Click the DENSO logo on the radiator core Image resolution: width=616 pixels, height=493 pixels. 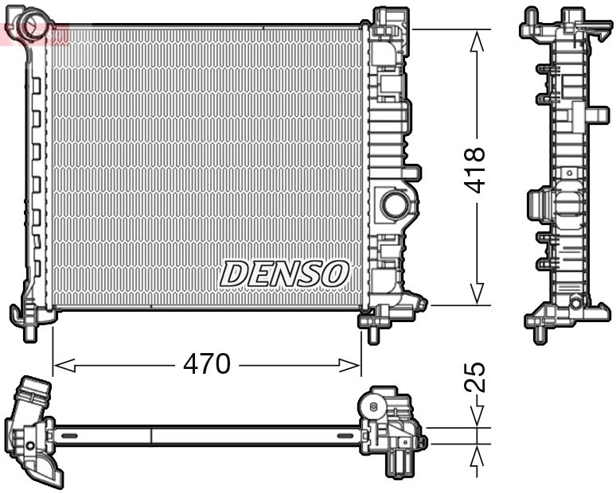284,274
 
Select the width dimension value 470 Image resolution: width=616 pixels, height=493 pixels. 206,364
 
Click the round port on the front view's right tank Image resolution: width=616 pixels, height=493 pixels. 393,204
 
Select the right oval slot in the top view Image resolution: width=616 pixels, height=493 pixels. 347,436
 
